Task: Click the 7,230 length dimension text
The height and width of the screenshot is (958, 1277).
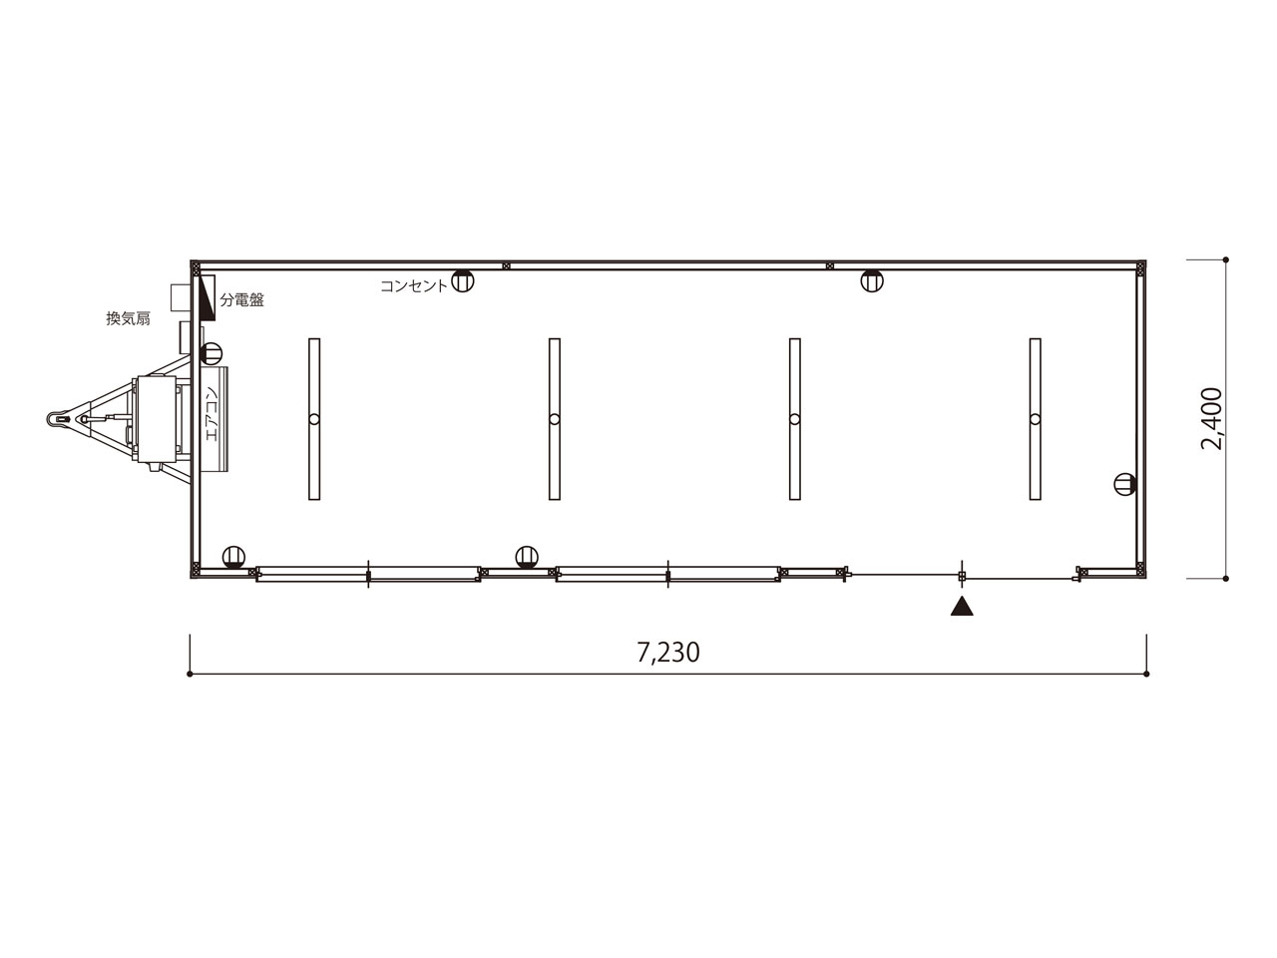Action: tap(667, 654)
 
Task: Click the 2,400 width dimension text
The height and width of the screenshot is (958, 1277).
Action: tap(1212, 419)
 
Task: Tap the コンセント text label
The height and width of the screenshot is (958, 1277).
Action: tap(414, 286)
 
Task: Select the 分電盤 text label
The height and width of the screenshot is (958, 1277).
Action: tap(242, 300)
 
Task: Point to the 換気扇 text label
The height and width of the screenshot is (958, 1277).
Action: tap(128, 318)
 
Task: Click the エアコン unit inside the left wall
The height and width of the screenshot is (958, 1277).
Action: tap(214, 419)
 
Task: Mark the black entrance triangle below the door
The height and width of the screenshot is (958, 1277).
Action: tap(962, 607)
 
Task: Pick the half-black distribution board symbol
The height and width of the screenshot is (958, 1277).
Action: tap(208, 297)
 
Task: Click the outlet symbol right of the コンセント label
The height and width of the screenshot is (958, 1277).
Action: tap(463, 281)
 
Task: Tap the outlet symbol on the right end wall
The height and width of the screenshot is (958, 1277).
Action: tap(1125, 484)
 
